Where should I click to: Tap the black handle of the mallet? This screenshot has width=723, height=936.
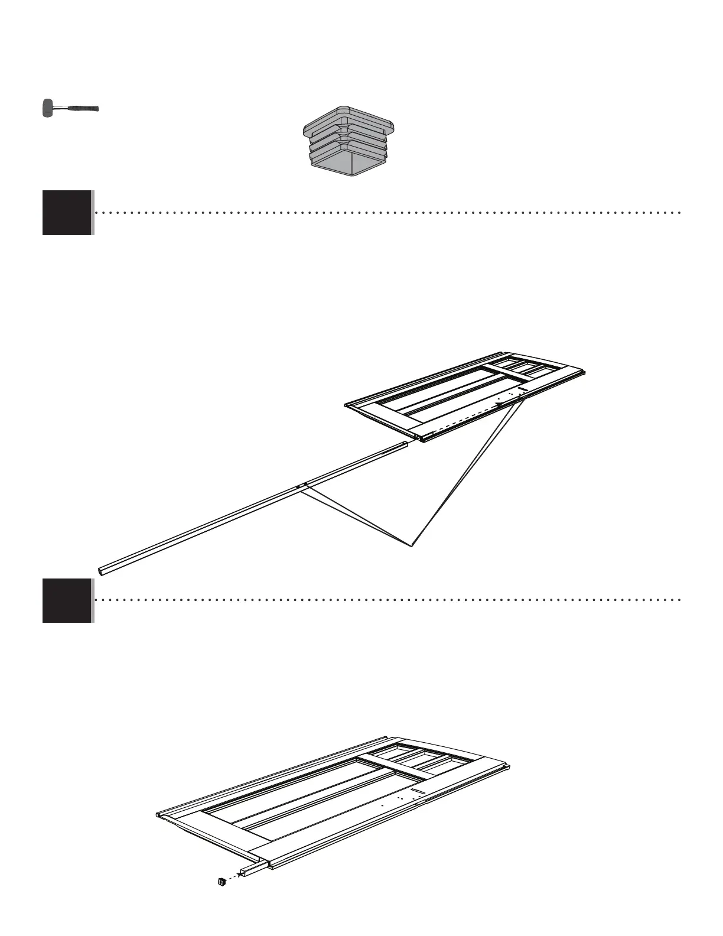click(x=83, y=109)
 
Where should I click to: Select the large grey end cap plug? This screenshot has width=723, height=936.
click(x=349, y=141)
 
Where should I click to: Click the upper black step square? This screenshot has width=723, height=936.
click(x=67, y=213)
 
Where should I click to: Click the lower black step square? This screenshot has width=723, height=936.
click(x=67, y=600)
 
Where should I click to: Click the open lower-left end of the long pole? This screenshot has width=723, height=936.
click(x=102, y=571)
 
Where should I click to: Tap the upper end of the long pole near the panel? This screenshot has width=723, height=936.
click(x=403, y=444)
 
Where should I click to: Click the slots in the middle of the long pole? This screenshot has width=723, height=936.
click(x=302, y=486)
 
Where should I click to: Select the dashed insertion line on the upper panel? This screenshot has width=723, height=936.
click(x=467, y=418)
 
